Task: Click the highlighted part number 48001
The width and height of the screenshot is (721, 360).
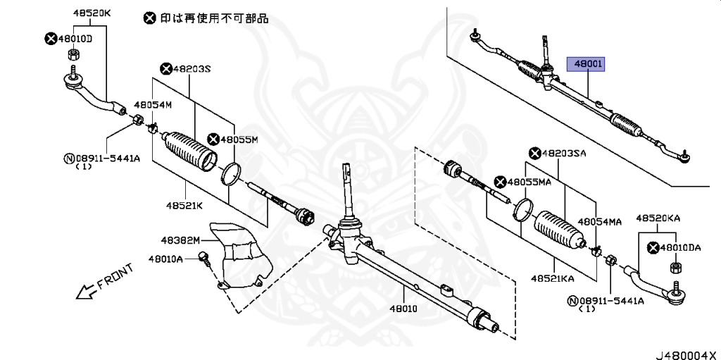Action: pyautogui.click(x=589, y=65)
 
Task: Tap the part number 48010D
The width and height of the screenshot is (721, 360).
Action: pyautogui.click(x=75, y=38)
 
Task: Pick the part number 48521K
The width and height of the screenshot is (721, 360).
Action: pyautogui.click(x=184, y=206)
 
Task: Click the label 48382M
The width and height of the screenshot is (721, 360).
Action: pyautogui.click(x=178, y=240)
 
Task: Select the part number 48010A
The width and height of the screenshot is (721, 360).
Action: pyautogui.click(x=165, y=259)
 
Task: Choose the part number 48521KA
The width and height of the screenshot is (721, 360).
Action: pyautogui.click(x=553, y=278)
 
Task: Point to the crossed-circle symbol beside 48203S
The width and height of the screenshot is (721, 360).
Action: pyautogui.click(x=166, y=68)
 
